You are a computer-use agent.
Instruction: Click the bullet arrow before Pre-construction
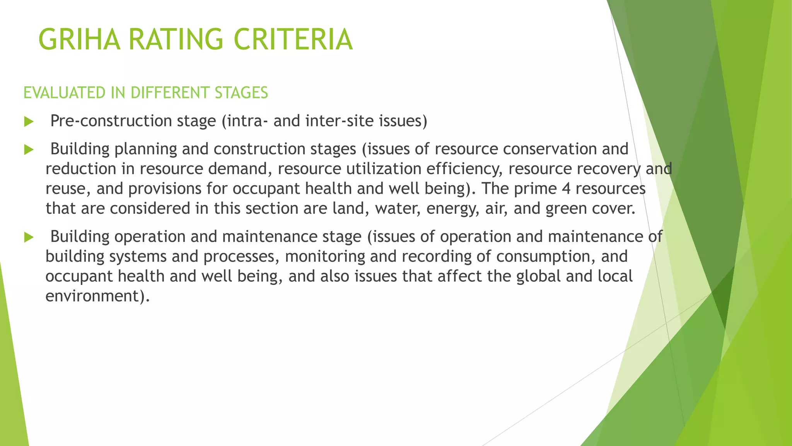click(x=29, y=122)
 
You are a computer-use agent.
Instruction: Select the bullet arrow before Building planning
click(x=29, y=149)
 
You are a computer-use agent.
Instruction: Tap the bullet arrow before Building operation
click(x=29, y=237)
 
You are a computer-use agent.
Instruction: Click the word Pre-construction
click(x=111, y=121)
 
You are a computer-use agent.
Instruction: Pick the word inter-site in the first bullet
click(x=340, y=121)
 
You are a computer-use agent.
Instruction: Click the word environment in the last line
click(x=95, y=296)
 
